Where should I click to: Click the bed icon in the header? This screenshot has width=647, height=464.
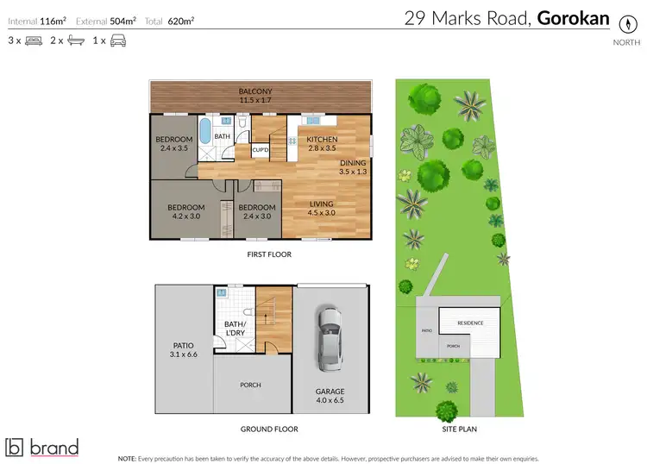pos(34,41)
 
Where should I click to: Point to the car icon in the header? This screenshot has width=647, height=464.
pos(118,41)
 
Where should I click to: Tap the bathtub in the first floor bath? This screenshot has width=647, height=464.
pos(204,132)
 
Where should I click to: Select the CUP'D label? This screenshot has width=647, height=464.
pos(261,150)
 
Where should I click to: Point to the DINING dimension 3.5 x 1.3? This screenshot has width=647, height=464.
pos(353,172)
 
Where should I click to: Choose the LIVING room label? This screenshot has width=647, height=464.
pos(322,204)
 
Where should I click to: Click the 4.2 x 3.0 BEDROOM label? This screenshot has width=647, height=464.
pos(185,212)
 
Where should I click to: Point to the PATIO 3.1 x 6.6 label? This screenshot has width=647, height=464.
pos(185,349)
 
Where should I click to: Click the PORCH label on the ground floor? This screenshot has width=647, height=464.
pos(250,385)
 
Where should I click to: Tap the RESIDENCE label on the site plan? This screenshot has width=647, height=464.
pos(470,323)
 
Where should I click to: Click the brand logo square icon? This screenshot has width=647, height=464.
pos(15,447)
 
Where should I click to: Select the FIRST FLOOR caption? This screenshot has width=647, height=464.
pos(268,254)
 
